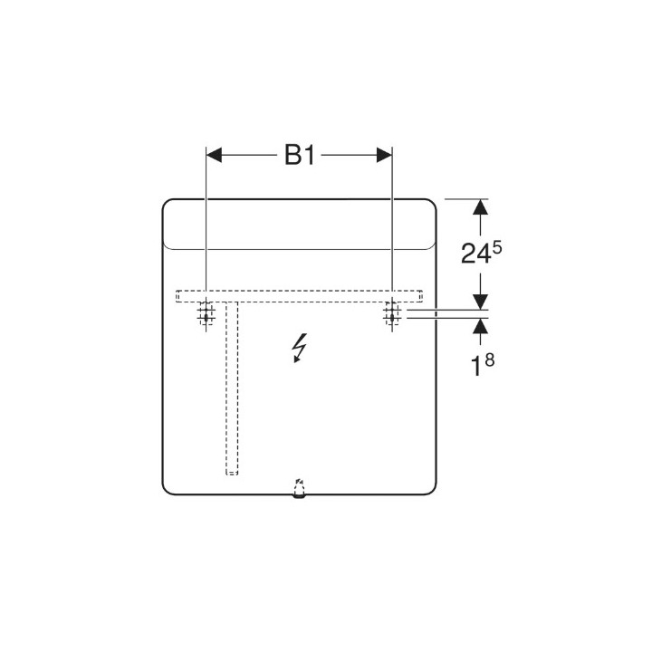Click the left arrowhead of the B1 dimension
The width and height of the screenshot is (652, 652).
215,156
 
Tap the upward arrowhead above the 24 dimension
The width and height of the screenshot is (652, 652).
480,207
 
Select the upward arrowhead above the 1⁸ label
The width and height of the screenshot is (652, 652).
480,327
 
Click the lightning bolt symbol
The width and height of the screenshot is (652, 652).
298,348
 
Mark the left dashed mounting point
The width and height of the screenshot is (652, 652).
206,312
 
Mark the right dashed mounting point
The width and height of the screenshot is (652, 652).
391,312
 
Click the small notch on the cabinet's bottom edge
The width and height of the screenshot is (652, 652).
300,491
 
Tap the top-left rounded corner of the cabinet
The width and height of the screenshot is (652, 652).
168,204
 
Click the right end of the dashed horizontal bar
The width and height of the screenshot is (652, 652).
422,295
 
